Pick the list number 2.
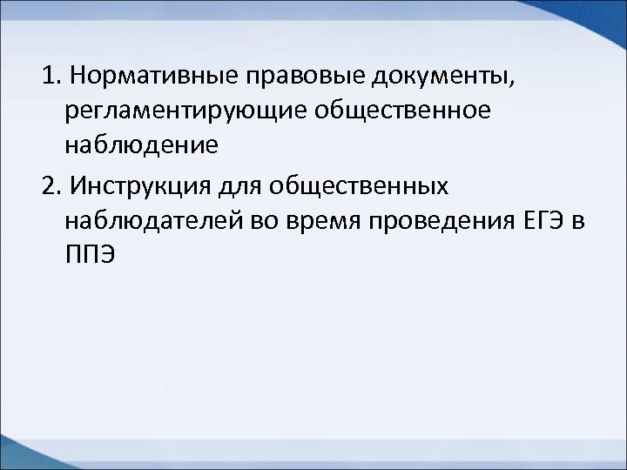[47, 185]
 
